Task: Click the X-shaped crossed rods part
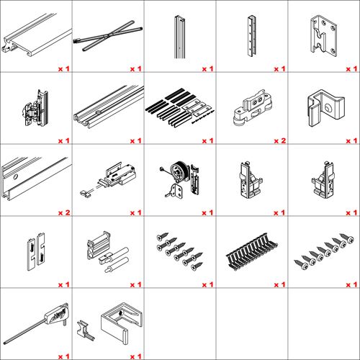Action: point(108,35)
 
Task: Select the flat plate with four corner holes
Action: point(324,36)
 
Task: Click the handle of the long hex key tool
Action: point(56,313)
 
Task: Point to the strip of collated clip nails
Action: point(252,251)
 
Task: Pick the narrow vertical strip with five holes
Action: point(251,36)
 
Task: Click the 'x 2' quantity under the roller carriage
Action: point(280,140)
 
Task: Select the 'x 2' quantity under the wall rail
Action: point(64,212)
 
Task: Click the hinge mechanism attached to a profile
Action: point(36,109)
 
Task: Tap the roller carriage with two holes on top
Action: point(252,107)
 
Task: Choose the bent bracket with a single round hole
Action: point(325,107)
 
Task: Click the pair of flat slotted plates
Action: point(36,251)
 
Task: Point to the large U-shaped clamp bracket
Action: point(121,323)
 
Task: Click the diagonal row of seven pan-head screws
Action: point(324,251)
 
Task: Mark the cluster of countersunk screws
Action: point(179,251)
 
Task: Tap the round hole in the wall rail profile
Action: point(15,177)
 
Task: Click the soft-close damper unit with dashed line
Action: point(109,179)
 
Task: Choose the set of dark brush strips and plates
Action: point(180,107)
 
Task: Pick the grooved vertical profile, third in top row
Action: point(179,37)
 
